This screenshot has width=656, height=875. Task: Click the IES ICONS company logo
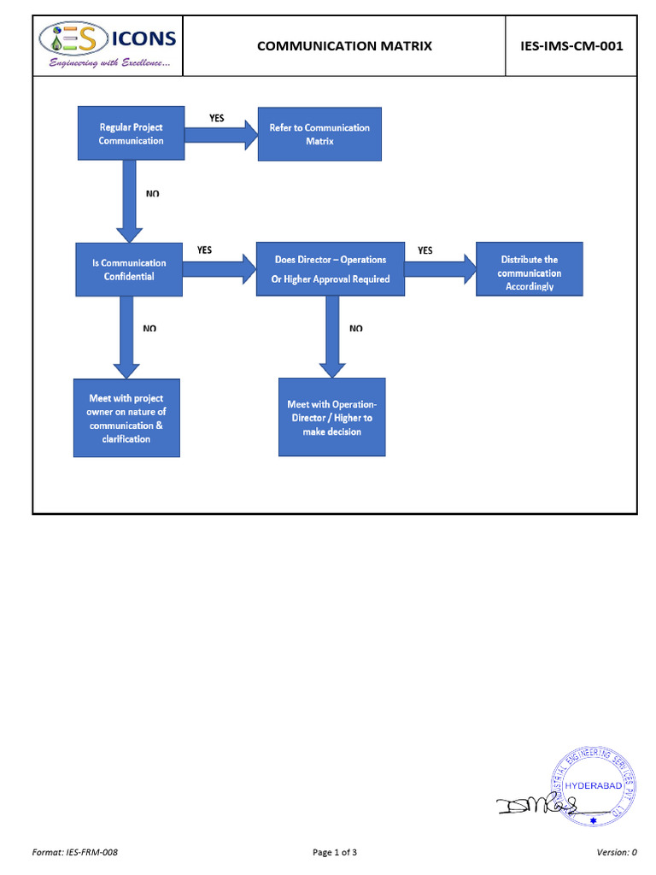(x=108, y=45)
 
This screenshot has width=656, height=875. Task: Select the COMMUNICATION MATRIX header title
(x=344, y=46)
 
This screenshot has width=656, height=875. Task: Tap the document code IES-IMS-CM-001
(x=571, y=46)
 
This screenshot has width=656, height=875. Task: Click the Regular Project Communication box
(x=131, y=133)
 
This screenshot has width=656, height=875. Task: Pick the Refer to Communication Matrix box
(x=319, y=133)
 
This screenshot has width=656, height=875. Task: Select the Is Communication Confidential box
(x=129, y=269)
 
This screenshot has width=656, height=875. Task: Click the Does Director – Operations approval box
(x=330, y=268)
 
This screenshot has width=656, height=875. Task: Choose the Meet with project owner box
(x=126, y=418)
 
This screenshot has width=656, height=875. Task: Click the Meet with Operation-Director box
(x=331, y=417)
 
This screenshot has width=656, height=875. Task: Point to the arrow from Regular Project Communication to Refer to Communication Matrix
(x=220, y=134)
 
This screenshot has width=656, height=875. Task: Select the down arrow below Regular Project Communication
(x=129, y=202)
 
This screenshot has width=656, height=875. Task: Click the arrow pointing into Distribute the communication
(x=439, y=268)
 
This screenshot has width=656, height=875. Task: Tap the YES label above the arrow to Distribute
(x=425, y=250)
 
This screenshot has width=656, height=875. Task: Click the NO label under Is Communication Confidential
(x=149, y=328)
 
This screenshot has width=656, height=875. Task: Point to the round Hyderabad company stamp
(x=594, y=786)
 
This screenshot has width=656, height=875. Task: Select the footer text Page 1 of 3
(x=335, y=852)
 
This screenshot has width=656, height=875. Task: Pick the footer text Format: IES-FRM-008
(x=74, y=852)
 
